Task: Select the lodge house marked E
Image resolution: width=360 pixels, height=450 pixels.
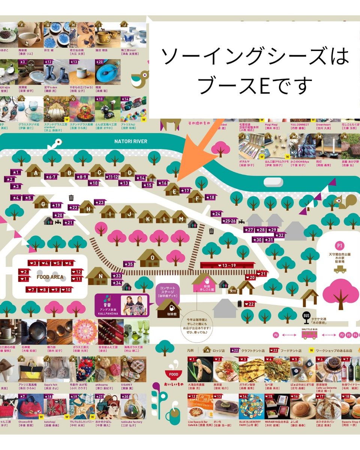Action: pos(174,189)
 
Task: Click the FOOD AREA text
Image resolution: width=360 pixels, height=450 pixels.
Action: pos(50,277)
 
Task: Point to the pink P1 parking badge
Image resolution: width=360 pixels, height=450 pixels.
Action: pos(340,246)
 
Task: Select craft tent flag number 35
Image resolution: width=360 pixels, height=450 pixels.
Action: pos(129,264)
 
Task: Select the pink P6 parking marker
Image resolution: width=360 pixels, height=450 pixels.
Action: pos(276,335)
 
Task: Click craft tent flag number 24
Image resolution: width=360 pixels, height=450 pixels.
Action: pos(216,214)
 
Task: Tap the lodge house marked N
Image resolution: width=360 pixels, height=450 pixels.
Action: pos(100,276)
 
